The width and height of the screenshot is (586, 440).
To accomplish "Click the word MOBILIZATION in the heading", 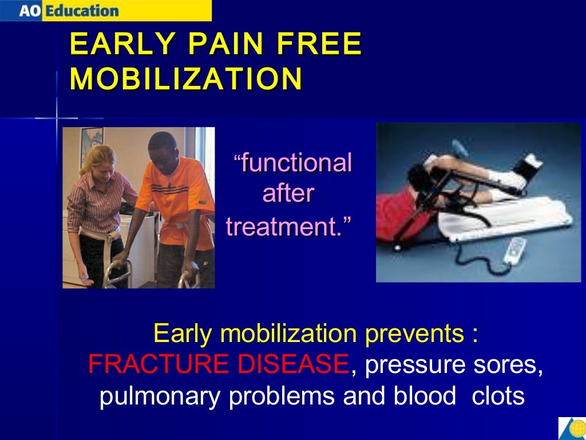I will pos(186,79).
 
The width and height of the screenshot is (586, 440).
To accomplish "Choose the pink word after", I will pos(288,194).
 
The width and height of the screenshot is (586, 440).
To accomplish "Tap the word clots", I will pos(497,396).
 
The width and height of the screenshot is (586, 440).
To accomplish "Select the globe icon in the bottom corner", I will pos(572,428).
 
